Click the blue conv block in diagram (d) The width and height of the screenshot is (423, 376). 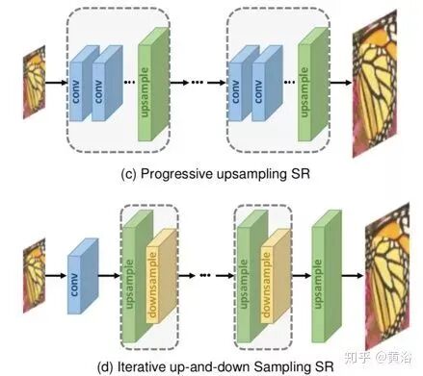[x=83, y=276]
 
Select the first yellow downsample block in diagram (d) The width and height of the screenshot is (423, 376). [x=162, y=276]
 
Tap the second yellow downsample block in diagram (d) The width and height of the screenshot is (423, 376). [x=276, y=276]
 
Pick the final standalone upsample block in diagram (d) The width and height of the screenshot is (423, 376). [x=327, y=276]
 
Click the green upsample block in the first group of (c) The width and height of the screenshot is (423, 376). [x=153, y=84]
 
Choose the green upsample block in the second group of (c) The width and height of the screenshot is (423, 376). [x=313, y=84]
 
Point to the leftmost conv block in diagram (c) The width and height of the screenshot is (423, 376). [x=84, y=84]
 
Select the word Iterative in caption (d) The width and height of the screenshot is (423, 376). [x=140, y=366]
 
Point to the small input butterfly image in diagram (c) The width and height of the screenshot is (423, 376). [x=34, y=83]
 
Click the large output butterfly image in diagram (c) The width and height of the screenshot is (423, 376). [x=375, y=84]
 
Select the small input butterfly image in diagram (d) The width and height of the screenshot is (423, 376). [x=34, y=276]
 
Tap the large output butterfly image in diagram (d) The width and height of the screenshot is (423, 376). [x=387, y=276]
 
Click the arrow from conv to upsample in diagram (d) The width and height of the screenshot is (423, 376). [x=109, y=275]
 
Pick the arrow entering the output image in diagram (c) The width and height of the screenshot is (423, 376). [x=341, y=83]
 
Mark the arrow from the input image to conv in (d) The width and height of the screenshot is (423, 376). [x=56, y=275]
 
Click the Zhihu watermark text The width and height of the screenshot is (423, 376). [x=378, y=358]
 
